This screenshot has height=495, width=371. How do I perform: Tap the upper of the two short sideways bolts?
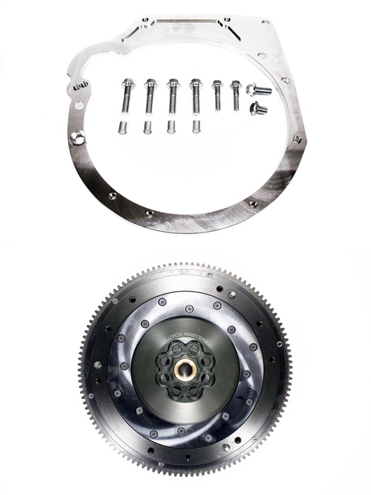[259, 90]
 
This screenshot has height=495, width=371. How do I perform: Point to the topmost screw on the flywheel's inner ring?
[189, 308]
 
